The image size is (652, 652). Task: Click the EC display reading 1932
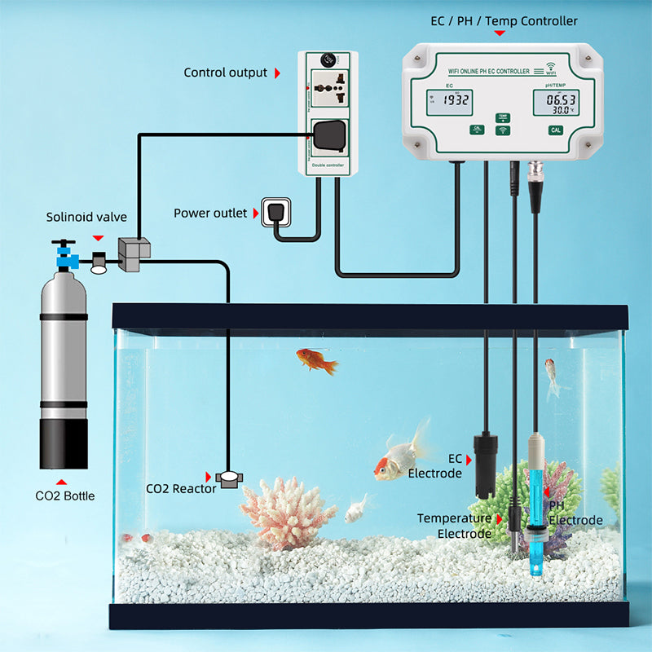[x=455, y=100]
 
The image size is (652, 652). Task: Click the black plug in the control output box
[x=329, y=135]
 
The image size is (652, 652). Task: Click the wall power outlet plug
[x=271, y=212]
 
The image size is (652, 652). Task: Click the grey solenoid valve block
[x=133, y=253]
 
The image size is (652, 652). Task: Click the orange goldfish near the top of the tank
[x=316, y=360]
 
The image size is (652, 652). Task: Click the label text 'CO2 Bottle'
[x=64, y=495]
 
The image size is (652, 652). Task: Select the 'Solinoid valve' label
[x=86, y=217]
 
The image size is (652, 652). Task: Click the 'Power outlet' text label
[x=209, y=214]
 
